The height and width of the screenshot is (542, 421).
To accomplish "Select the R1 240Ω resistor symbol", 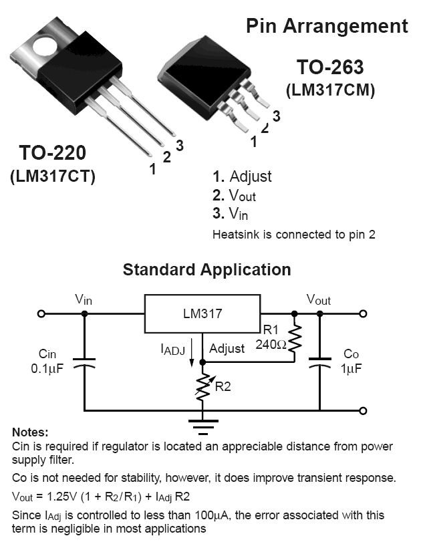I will [x=295, y=338].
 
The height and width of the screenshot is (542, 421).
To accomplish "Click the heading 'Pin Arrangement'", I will [x=326, y=26].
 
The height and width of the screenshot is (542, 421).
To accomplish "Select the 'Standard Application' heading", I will [x=206, y=269].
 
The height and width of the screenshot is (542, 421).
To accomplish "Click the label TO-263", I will [x=330, y=67].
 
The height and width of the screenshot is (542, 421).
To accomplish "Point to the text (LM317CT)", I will [x=53, y=176].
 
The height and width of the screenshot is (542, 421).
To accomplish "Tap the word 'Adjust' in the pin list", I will [x=251, y=177].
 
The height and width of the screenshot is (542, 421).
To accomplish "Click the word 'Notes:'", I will [x=30, y=433].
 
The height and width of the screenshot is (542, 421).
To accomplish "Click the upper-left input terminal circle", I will [x=41, y=313].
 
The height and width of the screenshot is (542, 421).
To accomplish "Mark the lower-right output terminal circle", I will [x=363, y=410].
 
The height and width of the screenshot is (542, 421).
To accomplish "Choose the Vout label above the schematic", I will [x=318, y=300].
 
